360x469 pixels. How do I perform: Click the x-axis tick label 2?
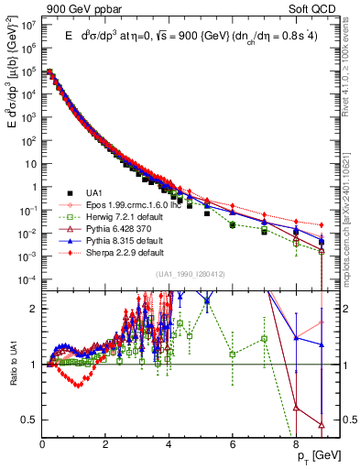click(x=106, y=444)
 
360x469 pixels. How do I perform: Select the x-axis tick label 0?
click(x=43, y=444)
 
